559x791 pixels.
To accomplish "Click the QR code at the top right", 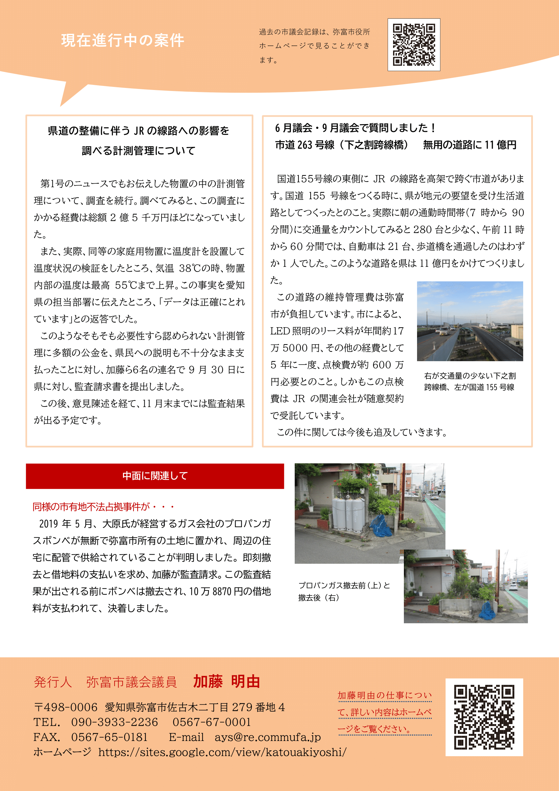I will (414, 45).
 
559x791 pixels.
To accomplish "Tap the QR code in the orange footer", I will (484, 717).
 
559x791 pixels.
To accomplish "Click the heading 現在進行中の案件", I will (123, 40).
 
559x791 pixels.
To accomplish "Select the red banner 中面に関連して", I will (155, 476).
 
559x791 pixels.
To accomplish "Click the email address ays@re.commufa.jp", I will (267, 737).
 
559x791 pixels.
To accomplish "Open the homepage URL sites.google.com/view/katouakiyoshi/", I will (222, 752).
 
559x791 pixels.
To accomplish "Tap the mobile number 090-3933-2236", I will (114, 722).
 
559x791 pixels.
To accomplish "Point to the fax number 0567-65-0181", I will (109, 737).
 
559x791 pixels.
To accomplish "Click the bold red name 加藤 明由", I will (226, 681).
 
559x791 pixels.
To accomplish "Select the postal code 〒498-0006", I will (66, 707).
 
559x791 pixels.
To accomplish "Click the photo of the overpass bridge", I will (470, 321).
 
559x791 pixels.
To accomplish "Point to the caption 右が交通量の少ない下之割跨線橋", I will (469, 381).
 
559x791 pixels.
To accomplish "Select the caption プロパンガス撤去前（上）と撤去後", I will (344, 591).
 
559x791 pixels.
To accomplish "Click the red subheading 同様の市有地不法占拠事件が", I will (103, 507).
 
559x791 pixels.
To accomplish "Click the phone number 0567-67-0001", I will (212, 722).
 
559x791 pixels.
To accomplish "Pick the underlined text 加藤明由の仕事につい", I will (384, 695).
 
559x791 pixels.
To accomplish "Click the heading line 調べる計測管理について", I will (139, 150).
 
